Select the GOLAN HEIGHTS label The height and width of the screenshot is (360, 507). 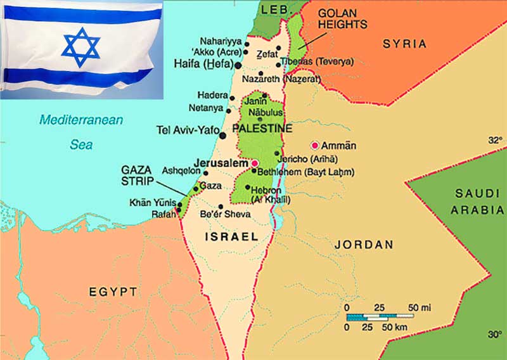tap(342, 18)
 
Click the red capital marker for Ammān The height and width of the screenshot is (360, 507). tap(315, 145)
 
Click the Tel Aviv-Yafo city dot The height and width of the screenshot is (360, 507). tap(222, 135)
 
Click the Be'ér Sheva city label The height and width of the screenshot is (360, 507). tap(225, 214)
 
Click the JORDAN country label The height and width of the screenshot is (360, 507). tap(364, 244)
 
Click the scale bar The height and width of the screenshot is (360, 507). tap(379, 316)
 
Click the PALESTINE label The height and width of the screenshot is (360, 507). tap(262, 129)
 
